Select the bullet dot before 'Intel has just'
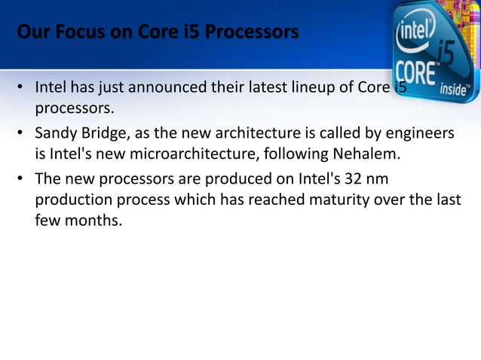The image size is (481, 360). coord(21,90)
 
